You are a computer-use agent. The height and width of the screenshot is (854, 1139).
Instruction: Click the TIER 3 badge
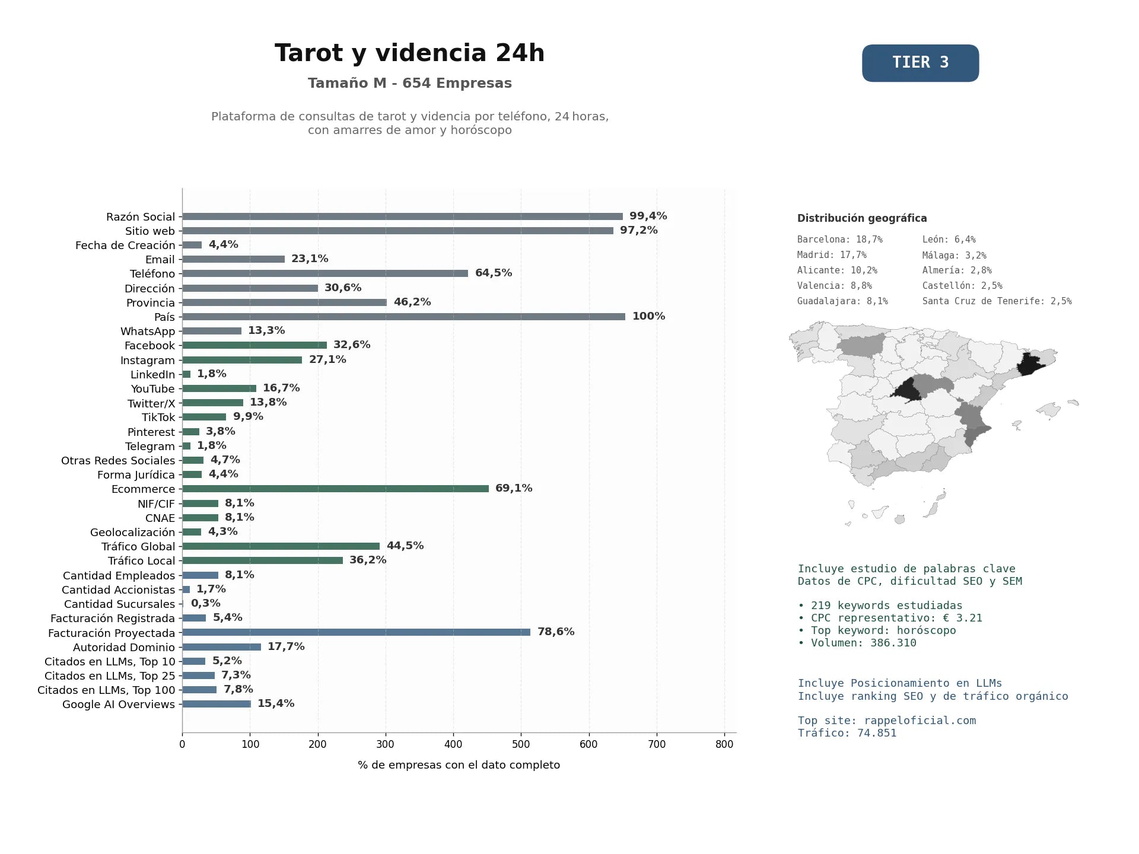coord(920,63)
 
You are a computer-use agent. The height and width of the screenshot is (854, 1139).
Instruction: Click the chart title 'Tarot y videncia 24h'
coord(409,53)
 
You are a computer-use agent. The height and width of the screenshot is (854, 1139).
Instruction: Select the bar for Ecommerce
coord(335,489)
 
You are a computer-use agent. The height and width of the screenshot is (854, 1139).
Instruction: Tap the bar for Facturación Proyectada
coord(356,632)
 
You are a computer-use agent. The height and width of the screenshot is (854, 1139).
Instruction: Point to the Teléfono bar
coord(325,273)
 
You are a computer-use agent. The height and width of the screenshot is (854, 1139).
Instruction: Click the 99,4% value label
coord(648,216)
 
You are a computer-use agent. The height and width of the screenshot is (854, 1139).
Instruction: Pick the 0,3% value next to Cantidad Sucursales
coord(205,603)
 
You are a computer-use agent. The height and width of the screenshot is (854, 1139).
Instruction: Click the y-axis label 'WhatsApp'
coord(148,332)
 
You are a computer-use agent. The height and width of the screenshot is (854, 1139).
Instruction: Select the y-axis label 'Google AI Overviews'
coord(119,705)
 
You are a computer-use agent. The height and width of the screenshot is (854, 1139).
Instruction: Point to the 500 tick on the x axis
coord(521,744)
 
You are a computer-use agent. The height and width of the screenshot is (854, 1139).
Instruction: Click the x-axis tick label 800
coord(724,744)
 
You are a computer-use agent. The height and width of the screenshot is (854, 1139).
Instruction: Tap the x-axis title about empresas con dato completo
coord(459,765)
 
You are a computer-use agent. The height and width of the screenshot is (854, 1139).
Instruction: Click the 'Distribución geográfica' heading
coord(862,218)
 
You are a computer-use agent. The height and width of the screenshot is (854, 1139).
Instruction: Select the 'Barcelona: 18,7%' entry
coord(840,240)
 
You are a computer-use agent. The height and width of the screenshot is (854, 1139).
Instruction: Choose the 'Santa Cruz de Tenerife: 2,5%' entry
coord(997,301)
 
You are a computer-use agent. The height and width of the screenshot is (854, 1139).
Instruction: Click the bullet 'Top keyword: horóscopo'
coord(877,630)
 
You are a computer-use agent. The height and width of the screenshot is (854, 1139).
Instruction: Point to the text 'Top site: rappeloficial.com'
coord(887,721)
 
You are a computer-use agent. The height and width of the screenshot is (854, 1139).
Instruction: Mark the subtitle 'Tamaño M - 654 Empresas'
coord(409,83)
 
